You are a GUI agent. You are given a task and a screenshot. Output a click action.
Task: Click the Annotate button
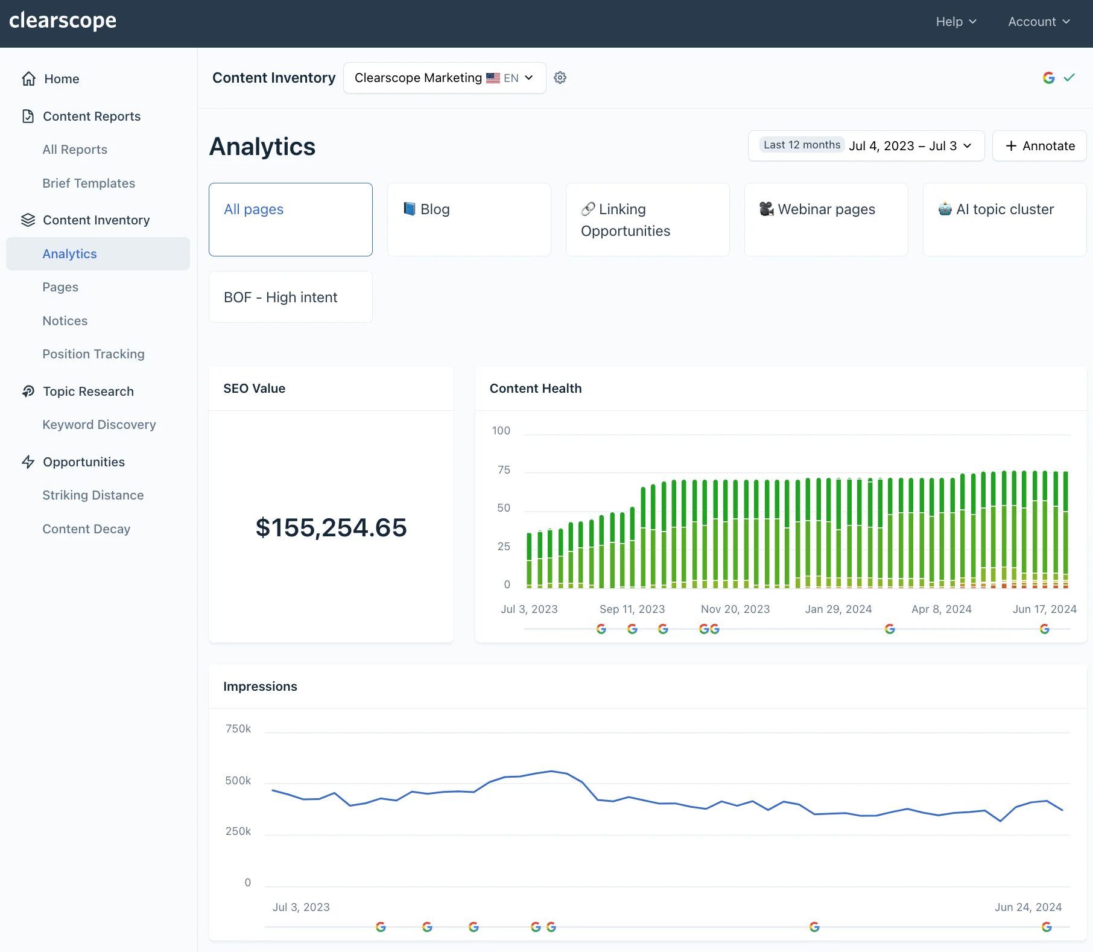1039,146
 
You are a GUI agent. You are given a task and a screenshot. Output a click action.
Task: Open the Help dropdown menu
955,22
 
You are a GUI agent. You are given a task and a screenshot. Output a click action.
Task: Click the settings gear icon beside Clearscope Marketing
560,78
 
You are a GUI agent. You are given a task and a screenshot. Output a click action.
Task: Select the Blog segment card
469,220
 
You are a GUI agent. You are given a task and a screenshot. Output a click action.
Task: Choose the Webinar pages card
826,220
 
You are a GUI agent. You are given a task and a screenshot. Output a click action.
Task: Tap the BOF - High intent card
290,297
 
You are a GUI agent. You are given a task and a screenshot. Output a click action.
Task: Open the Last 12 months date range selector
866,146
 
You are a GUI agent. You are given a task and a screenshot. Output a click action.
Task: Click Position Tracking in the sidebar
93,354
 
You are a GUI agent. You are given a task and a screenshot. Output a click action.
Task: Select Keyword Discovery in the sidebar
99,425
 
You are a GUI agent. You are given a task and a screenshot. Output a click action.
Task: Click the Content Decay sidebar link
86,529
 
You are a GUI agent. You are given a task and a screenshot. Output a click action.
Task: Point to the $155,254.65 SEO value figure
331,528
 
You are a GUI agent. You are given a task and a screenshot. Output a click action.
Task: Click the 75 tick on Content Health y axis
504,470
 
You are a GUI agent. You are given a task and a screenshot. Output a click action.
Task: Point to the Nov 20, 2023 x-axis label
735,609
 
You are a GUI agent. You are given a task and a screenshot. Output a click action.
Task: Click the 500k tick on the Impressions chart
238,781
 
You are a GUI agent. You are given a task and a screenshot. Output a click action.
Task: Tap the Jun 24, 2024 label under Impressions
1028,907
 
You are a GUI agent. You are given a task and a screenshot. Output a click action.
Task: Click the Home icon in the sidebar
28,79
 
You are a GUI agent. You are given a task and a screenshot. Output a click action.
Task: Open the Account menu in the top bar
1039,22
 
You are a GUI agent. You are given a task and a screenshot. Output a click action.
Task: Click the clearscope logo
63,21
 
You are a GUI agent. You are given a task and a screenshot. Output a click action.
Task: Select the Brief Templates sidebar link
89,183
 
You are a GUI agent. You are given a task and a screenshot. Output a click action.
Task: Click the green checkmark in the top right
1069,78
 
